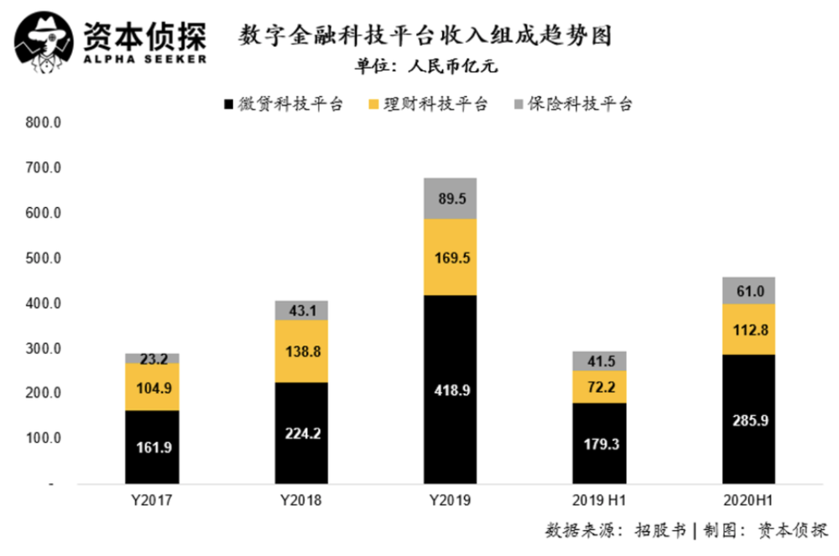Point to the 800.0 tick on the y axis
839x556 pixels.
click(43, 122)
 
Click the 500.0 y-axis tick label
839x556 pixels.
click(43, 258)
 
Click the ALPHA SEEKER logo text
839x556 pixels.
click(143, 60)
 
